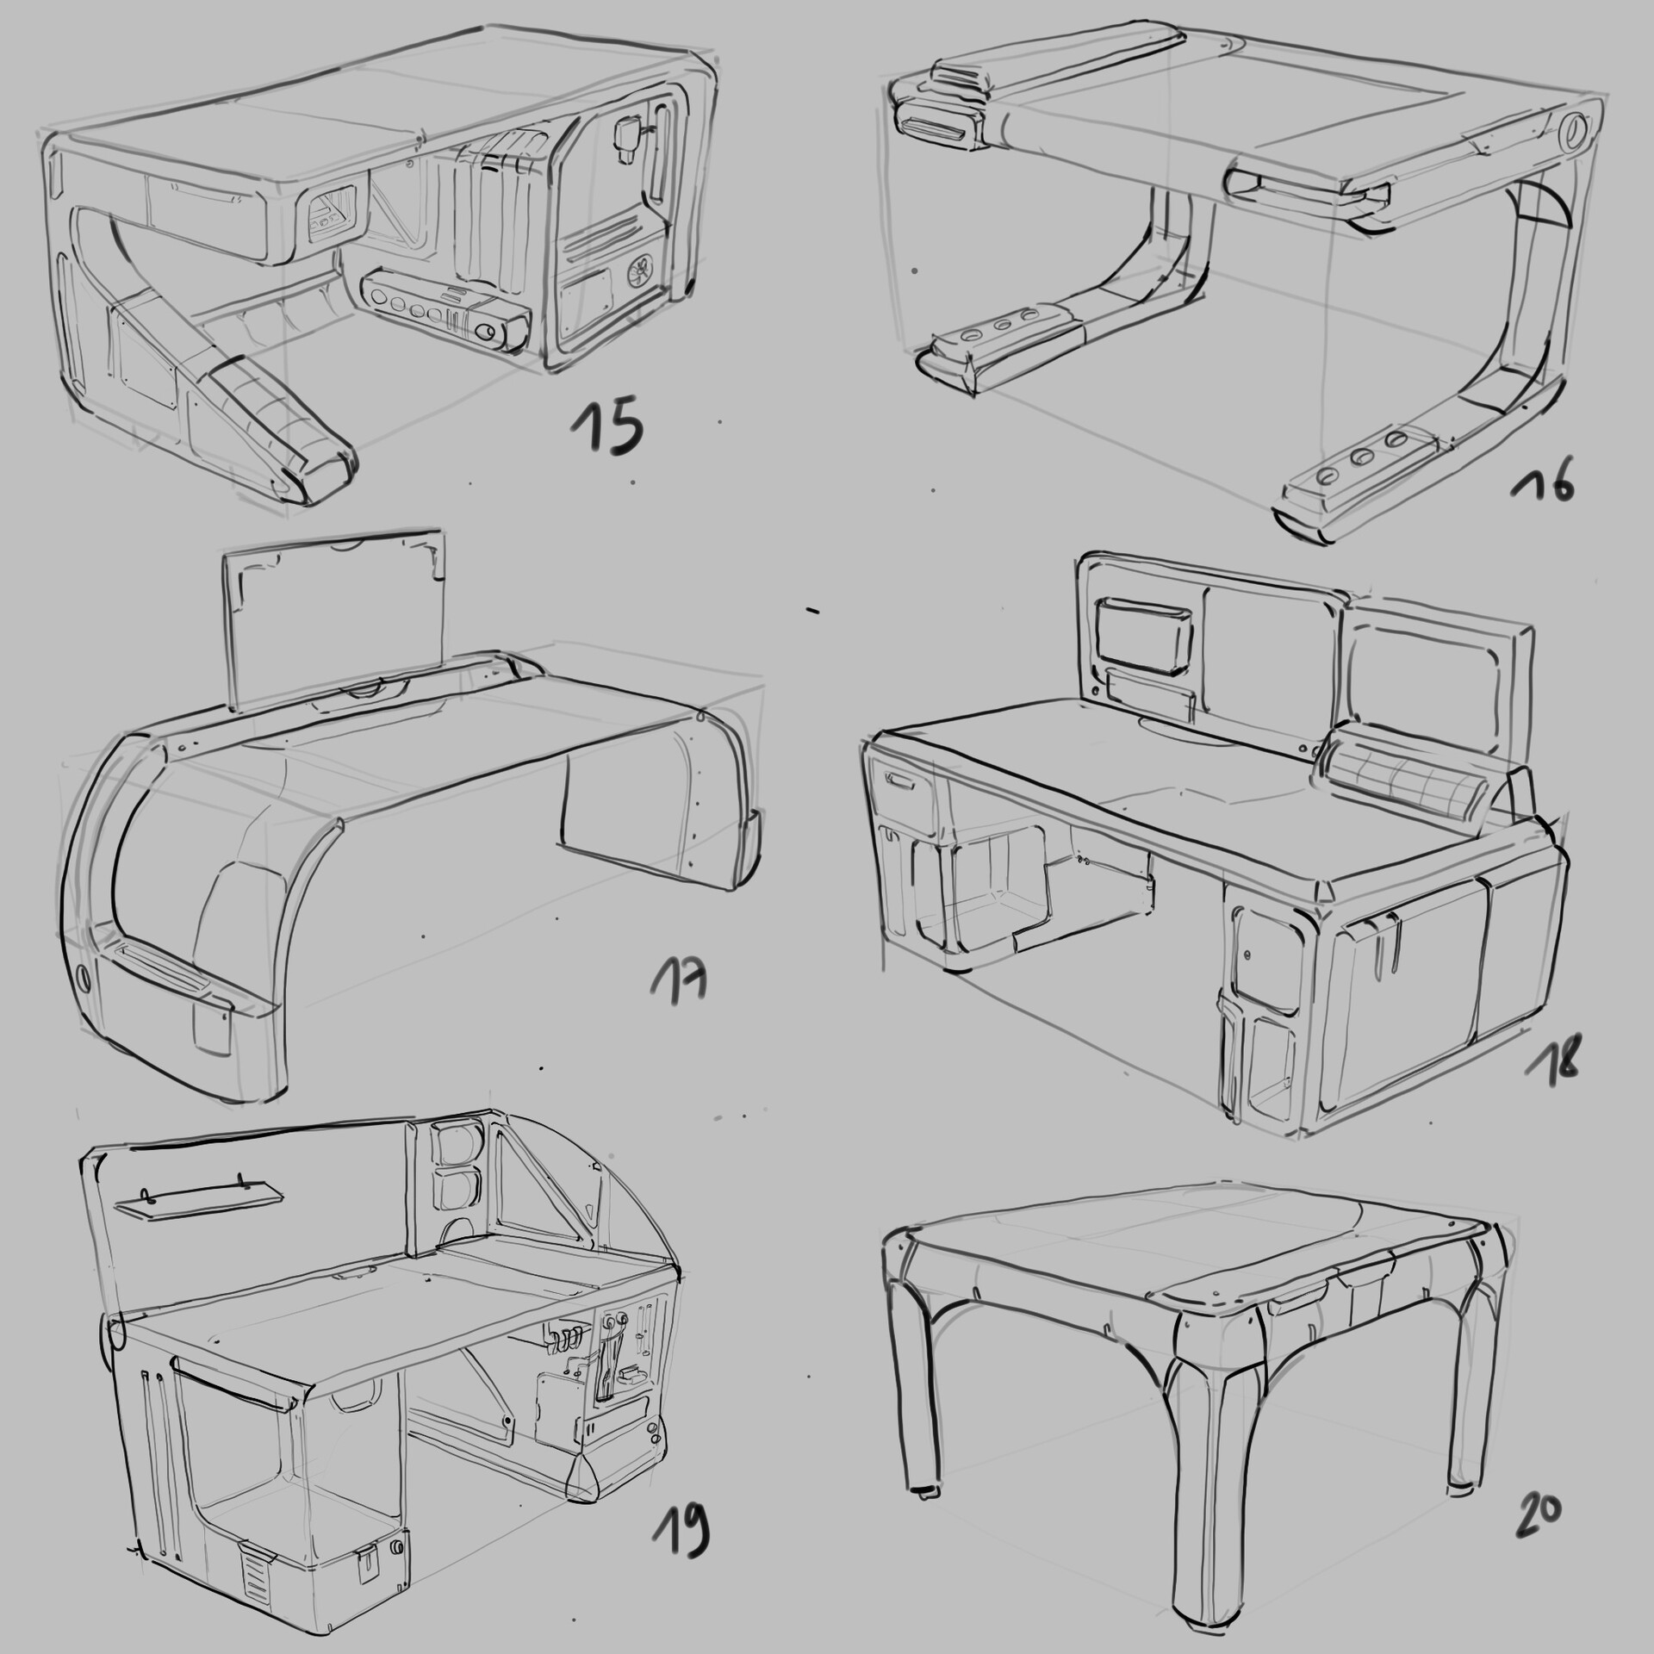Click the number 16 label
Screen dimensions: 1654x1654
click(x=1543, y=487)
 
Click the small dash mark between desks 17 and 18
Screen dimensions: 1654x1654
click(x=812, y=610)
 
